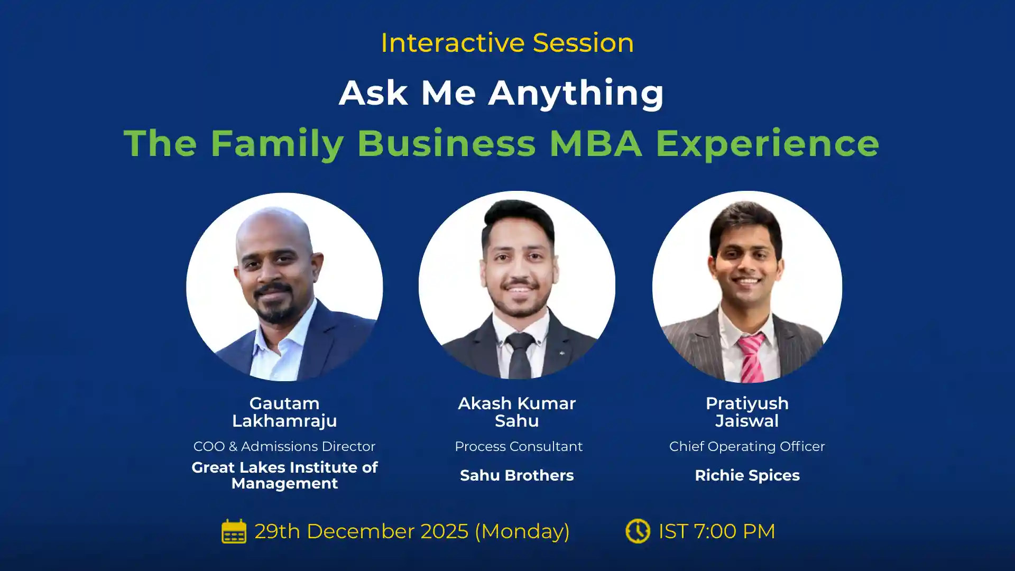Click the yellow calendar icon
pyautogui.click(x=234, y=531)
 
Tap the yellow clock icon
pyautogui.click(x=638, y=531)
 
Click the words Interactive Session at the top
pyautogui.click(x=507, y=43)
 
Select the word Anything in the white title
pyautogui.click(x=576, y=94)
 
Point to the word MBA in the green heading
pyautogui.click(x=596, y=143)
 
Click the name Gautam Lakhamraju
pyautogui.click(x=284, y=412)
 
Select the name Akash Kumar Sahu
pyautogui.click(x=516, y=412)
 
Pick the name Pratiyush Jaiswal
pyautogui.click(x=747, y=412)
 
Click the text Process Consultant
pyautogui.click(x=519, y=447)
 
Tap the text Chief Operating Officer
pyautogui.click(x=747, y=447)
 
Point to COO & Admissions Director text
pyautogui.click(x=284, y=447)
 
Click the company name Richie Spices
pyautogui.click(x=747, y=475)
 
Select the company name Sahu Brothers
pyautogui.click(x=516, y=475)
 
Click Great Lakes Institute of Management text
pyautogui.click(x=284, y=475)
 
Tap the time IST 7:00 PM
pyautogui.click(x=716, y=531)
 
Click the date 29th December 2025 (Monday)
pyautogui.click(x=412, y=531)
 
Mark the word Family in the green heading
pyautogui.click(x=278, y=143)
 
